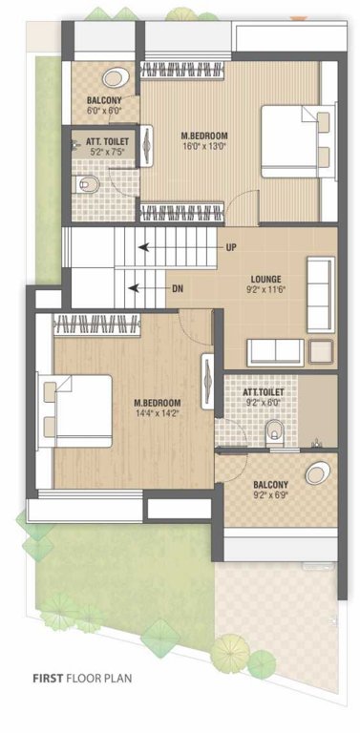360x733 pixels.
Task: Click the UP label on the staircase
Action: point(232,247)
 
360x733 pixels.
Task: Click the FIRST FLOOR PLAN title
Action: point(83,679)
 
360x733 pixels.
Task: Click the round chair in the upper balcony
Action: point(116,77)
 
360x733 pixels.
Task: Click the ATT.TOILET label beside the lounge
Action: point(262,391)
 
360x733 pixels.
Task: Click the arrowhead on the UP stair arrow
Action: point(139,247)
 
